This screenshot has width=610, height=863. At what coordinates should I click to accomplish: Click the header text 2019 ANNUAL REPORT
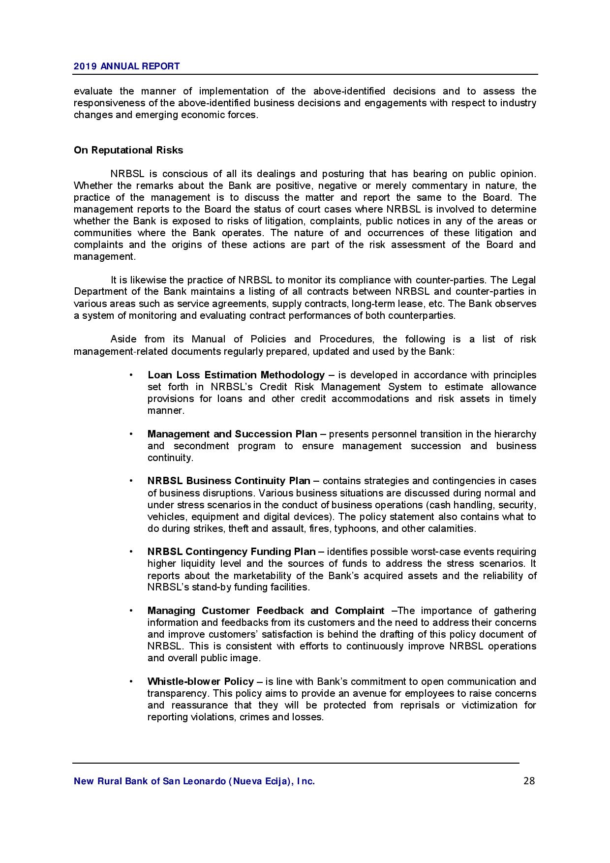[x=126, y=66]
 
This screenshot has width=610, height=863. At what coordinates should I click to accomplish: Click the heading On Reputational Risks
[x=128, y=150]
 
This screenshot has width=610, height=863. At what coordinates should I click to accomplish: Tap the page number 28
[x=529, y=781]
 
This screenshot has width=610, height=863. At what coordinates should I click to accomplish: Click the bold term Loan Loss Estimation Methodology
[x=236, y=375]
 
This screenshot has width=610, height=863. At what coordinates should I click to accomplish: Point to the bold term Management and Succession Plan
[x=232, y=434]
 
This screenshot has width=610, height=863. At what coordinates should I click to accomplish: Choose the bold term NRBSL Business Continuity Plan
[x=229, y=481]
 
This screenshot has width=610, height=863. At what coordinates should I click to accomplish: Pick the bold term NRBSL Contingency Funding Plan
[x=231, y=552]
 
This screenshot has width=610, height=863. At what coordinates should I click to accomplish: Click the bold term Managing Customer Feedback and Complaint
[x=266, y=611]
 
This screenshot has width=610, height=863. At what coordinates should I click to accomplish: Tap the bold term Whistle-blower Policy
[x=200, y=681]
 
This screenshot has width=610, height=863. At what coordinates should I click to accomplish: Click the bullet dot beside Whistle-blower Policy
[x=131, y=681]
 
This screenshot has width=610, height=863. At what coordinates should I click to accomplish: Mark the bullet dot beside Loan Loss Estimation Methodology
[x=131, y=375]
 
